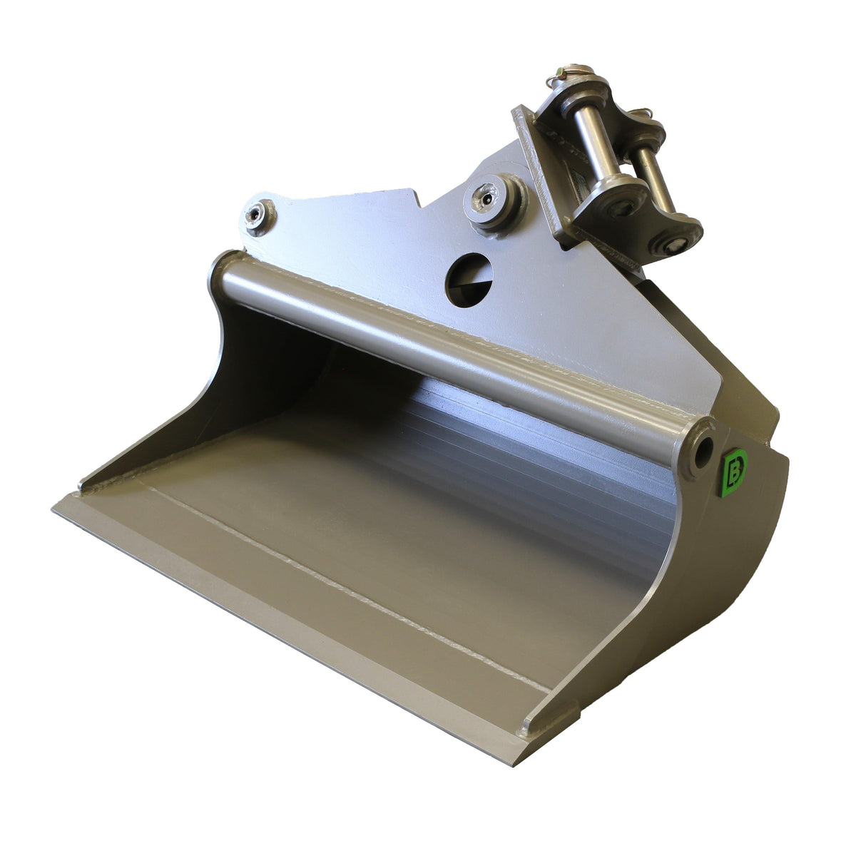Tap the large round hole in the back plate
click(x=469, y=277)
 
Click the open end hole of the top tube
click(x=703, y=449)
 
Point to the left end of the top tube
click(x=223, y=275)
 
